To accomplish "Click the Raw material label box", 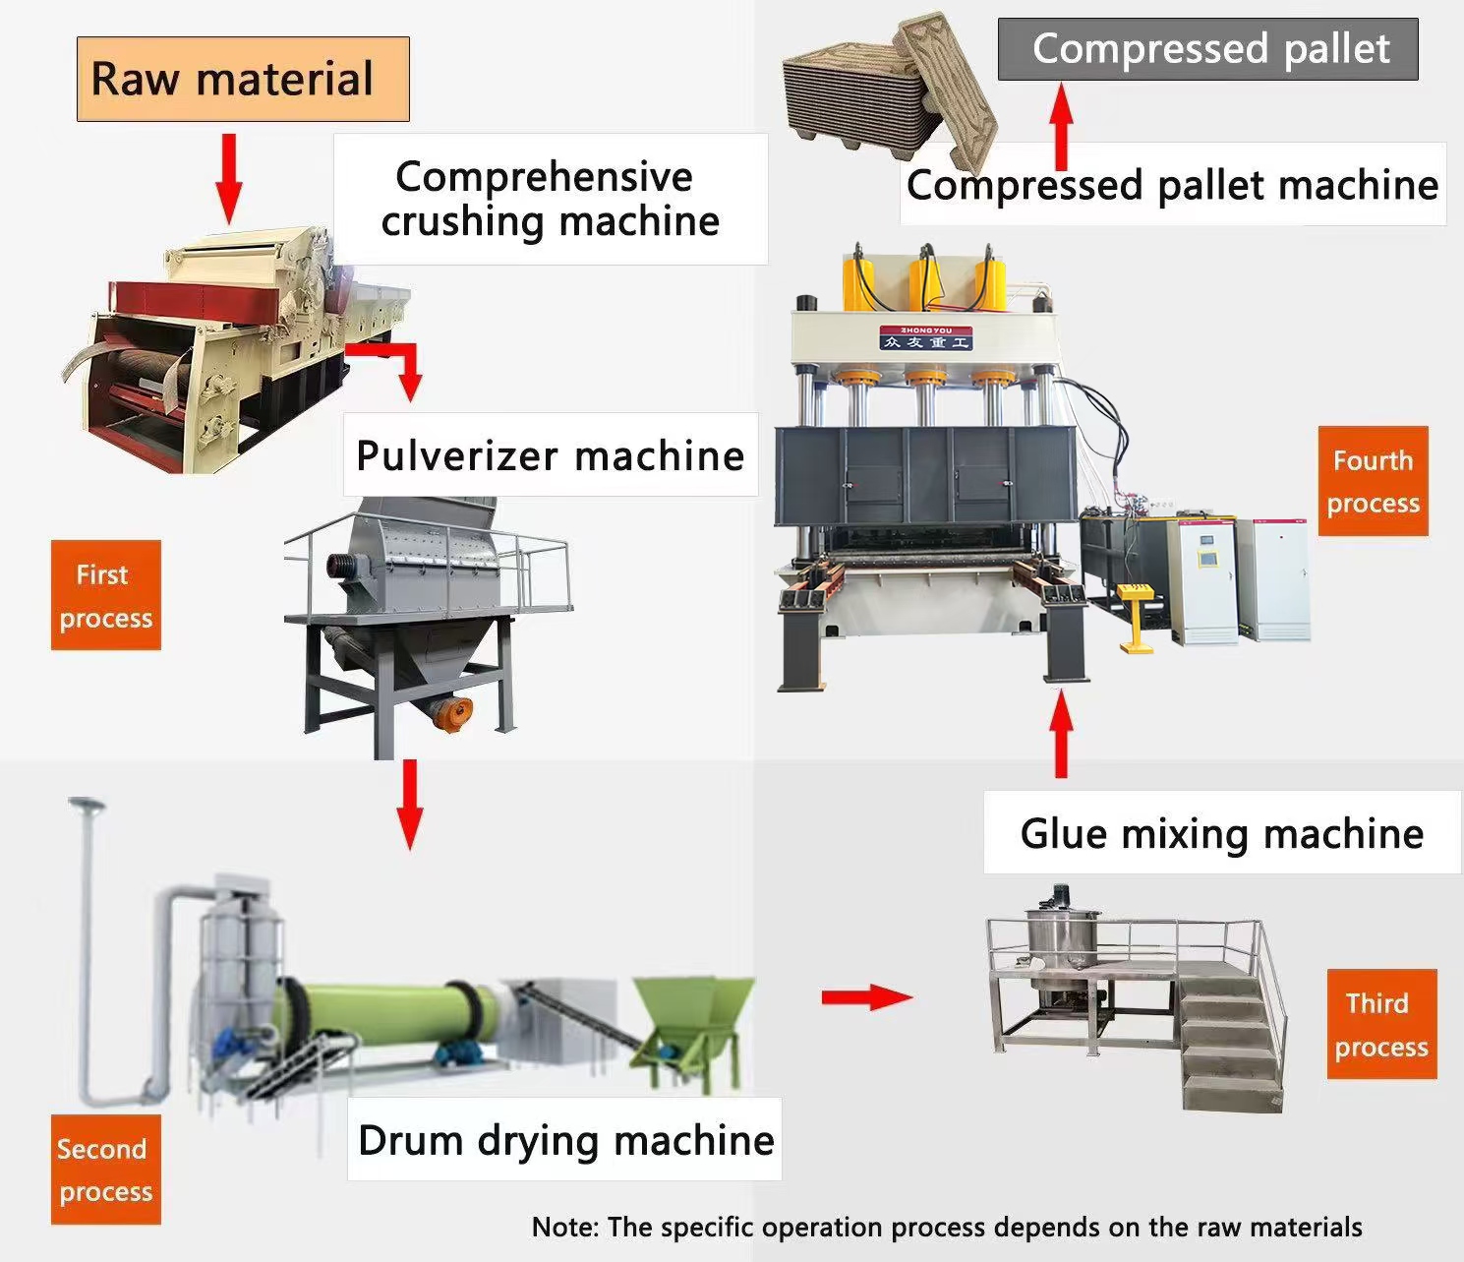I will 243,80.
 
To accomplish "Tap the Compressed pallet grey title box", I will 1207,49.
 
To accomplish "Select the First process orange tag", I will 105,595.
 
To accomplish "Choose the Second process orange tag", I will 105,1170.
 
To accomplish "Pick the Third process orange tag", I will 1381,1024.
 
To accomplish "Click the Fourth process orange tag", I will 1373,481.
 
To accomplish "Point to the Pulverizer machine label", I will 551,455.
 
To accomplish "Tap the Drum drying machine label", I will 564,1140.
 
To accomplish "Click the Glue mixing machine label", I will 1221,833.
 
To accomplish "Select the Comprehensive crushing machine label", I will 550,199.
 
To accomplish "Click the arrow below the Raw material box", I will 228,178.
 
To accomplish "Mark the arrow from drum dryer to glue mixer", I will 866,997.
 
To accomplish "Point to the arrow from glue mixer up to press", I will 1060,734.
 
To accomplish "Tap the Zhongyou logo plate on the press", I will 925,336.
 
